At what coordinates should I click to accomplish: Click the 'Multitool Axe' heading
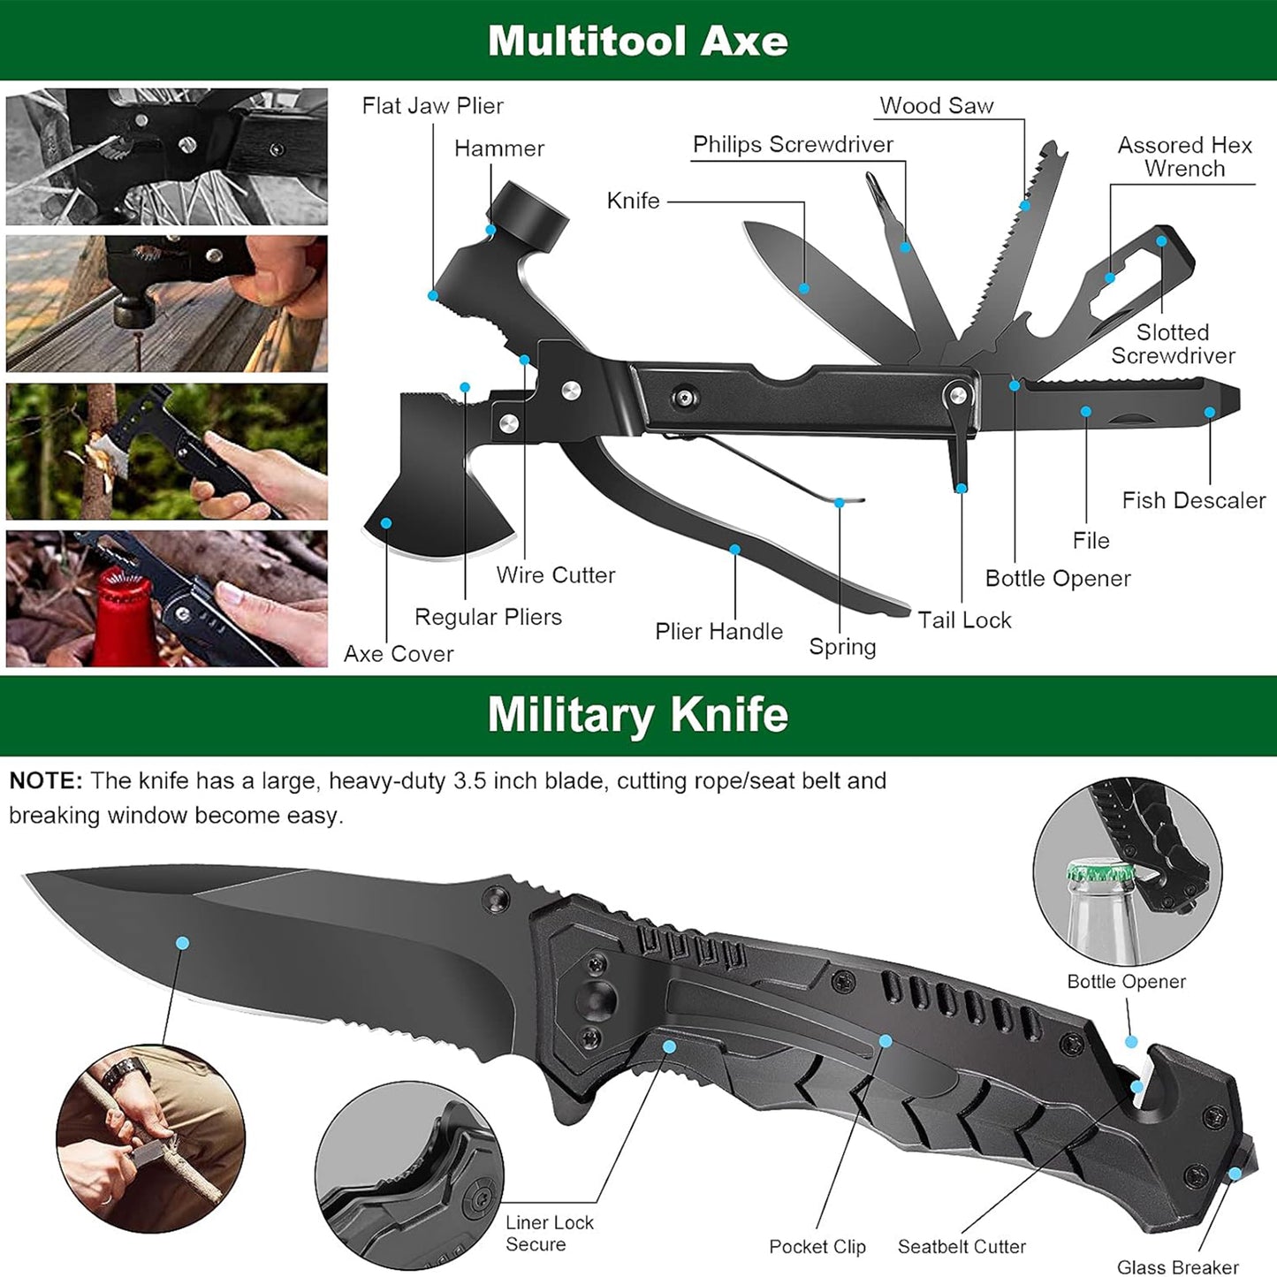[637, 41]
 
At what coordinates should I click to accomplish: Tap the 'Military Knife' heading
[637, 714]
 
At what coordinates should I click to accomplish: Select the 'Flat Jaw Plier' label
[432, 106]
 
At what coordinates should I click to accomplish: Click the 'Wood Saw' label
[936, 106]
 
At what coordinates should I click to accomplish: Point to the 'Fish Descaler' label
[1193, 500]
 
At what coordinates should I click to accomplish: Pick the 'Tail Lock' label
[963, 620]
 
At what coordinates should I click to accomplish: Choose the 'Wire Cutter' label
[555, 575]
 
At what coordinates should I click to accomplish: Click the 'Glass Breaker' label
[1177, 1267]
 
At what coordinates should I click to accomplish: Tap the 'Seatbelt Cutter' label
[962, 1246]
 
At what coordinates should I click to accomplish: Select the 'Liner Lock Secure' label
[549, 1233]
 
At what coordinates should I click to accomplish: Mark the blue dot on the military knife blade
[182, 943]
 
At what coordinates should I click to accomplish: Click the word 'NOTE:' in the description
[46, 781]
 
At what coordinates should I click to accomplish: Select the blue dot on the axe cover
[386, 523]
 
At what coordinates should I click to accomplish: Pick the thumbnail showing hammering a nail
[167, 303]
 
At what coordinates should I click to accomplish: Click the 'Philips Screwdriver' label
[792, 145]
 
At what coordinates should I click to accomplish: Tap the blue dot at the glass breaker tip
[1235, 1174]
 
